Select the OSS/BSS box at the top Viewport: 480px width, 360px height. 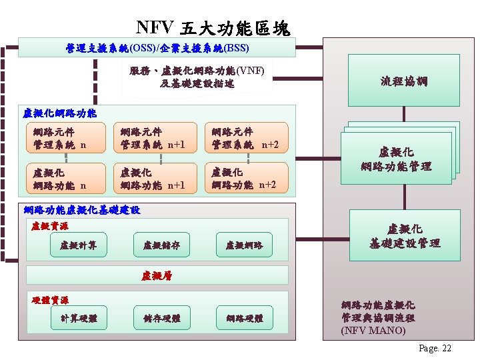click(x=157, y=48)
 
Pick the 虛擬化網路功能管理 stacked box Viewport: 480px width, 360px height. click(x=396, y=159)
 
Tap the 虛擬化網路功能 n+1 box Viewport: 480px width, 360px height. click(x=155, y=179)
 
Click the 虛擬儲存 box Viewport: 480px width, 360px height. click(x=161, y=245)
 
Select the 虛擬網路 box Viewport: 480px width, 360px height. click(x=244, y=245)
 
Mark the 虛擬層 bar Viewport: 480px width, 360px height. click(x=157, y=275)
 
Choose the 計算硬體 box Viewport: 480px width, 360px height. click(x=79, y=319)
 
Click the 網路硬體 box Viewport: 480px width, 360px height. click(x=244, y=319)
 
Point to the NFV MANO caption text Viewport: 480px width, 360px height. click(x=377, y=317)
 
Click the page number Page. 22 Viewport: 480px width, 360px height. click(x=435, y=349)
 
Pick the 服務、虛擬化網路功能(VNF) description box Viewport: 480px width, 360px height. click(x=197, y=77)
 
